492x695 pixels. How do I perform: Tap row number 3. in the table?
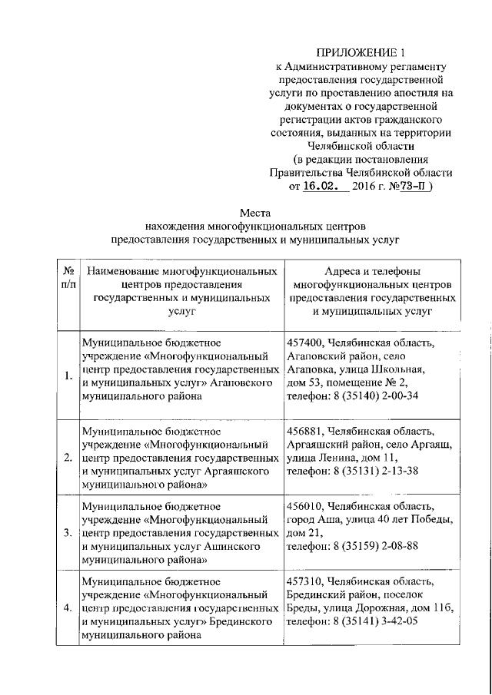[x=68, y=532]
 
